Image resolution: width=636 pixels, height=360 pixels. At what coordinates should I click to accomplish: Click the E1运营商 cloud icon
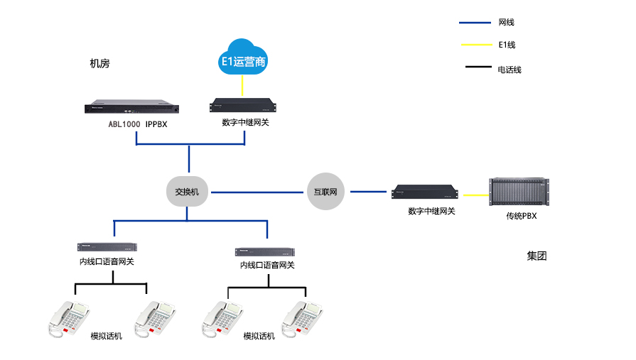(243, 58)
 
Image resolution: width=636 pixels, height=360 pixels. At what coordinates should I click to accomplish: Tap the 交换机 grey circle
(188, 192)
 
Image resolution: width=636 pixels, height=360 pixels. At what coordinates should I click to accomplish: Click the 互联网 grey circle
(326, 192)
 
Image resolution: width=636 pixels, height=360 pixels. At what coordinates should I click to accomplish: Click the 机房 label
(100, 64)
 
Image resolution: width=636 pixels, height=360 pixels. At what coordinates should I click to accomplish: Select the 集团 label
(537, 256)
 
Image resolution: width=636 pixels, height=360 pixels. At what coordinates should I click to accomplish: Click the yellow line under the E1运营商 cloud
(243, 86)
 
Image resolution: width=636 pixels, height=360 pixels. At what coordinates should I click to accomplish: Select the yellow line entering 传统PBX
(474, 193)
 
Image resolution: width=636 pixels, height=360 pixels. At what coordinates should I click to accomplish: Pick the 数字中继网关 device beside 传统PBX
(424, 192)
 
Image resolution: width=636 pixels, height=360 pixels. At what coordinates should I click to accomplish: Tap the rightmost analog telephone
(302, 317)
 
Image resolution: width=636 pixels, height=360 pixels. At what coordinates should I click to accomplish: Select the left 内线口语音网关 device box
(107, 247)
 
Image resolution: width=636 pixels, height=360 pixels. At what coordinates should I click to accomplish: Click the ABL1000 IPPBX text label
(136, 124)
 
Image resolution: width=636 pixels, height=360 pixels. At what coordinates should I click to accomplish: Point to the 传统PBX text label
(521, 216)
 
